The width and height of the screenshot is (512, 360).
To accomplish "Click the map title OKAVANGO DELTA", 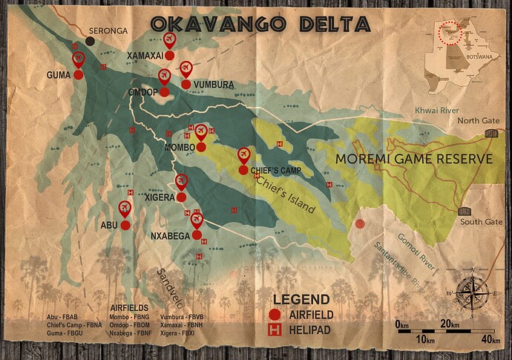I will [260, 24].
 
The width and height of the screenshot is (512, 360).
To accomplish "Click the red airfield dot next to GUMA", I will [78, 74].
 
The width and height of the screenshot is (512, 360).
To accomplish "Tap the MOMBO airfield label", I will [180, 148].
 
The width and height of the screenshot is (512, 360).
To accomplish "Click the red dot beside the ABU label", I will [125, 224].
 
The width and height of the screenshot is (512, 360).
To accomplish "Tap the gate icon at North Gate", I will [489, 133].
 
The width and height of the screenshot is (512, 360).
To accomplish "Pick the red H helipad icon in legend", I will [276, 326].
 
